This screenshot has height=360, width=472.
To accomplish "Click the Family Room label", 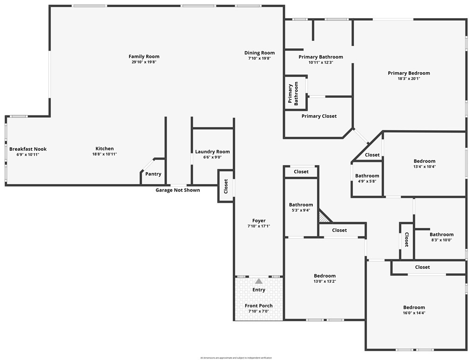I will [144, 57].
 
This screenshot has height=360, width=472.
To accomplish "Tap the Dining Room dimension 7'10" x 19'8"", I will [259, 58].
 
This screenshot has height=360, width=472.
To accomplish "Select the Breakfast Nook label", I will [28, 149].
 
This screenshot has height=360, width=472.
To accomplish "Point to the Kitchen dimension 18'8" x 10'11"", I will [104, 154].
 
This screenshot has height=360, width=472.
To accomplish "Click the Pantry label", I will [153, 174].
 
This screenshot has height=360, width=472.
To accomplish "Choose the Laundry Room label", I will [212, 152].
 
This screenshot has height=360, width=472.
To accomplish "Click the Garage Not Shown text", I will [177, 190].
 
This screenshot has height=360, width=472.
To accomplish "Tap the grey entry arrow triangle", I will [259, 281].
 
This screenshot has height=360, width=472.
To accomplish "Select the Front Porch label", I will [259, 306].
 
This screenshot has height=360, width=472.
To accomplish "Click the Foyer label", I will [259, 220].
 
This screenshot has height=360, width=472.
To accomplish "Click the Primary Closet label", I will [319, 116].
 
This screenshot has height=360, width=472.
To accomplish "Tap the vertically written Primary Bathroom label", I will [293, 93].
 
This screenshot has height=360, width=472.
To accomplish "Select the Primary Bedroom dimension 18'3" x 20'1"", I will [409, 79].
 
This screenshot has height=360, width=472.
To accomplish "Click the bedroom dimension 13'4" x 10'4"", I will [424, 167].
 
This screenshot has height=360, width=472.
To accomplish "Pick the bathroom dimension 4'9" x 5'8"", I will [367, 181].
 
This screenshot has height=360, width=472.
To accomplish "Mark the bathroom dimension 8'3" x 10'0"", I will [441, 240].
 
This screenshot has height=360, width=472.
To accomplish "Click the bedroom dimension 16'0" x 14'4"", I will [414, 313].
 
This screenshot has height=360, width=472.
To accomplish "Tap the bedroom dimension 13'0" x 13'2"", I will [324, 281].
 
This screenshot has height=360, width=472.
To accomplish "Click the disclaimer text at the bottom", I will [236, 358].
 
